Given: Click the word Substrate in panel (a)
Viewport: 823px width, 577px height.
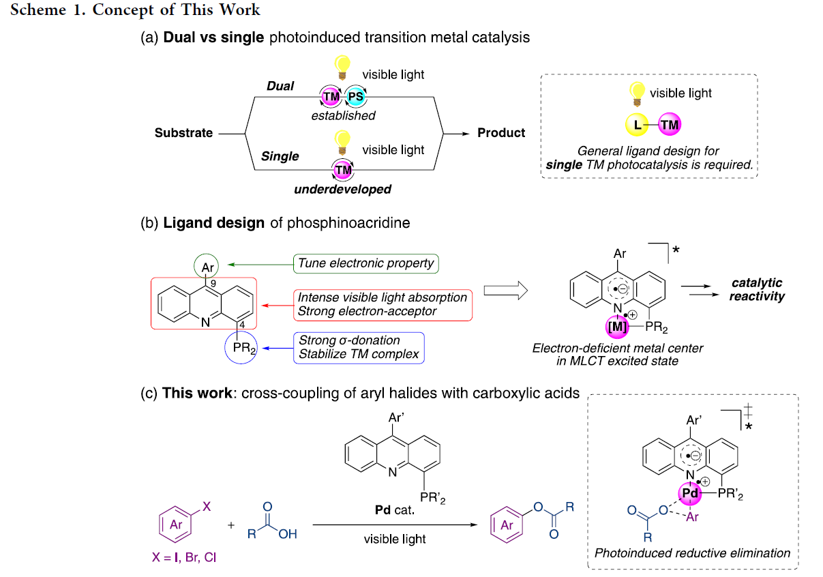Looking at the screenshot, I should (183, 133).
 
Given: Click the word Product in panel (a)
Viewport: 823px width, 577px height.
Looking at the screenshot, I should (501, 133).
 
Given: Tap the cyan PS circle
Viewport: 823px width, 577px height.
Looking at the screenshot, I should (355, 97).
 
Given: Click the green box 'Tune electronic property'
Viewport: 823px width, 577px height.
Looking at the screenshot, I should (366, 263).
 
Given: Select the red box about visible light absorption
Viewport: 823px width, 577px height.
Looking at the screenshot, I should (383, 304).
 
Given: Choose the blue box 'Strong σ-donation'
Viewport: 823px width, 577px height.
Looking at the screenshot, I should (359, 347).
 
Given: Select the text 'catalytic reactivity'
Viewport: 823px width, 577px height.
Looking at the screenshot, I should (757, 289).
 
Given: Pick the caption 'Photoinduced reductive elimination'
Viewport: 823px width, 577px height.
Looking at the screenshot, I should (692, 553).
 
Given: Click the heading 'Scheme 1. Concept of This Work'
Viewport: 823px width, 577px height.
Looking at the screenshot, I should (136, 10).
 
